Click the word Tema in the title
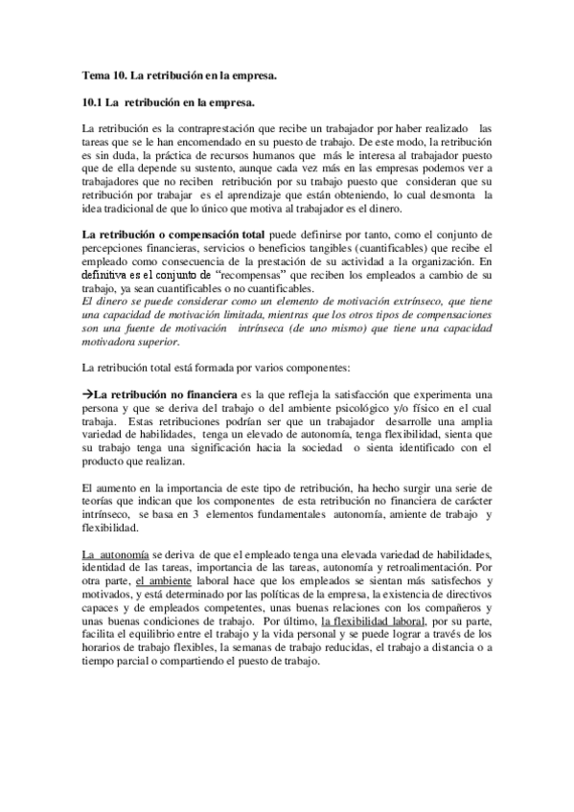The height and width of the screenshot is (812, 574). pos(96,74)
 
